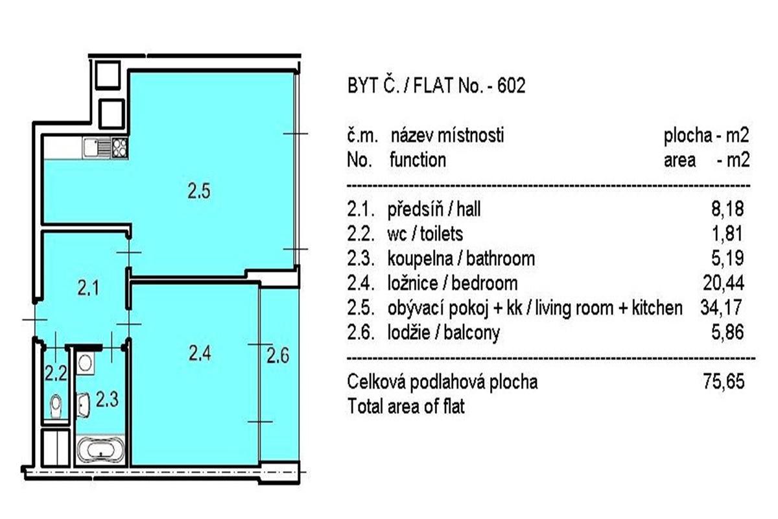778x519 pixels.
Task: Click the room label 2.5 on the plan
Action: (x=199, y=191)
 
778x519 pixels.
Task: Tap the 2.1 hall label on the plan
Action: (x=88, y=288)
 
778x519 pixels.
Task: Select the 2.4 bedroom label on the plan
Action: (x=200, y=354)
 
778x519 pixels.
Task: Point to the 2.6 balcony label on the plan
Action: (x=278, y=356)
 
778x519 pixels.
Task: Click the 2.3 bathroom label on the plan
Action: (x=108, y=399)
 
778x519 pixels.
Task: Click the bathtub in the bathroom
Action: (x=100, y=450)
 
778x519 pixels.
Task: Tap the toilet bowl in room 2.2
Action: (x=56, y=406)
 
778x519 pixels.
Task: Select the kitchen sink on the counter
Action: (x=97, y=147)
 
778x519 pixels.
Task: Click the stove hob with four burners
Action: (x=120, y=147)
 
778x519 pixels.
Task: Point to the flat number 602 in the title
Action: (x=512, y=85)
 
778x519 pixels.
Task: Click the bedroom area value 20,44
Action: (x=724, y=283)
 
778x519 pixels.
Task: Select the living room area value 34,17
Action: (x=721, y=308)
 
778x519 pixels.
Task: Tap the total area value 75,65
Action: (x=724, y=381)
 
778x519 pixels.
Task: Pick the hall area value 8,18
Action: (x=727, y=209)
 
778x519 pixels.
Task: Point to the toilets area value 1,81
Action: (x=727, y=234)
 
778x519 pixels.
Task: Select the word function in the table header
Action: (x=418, y=160)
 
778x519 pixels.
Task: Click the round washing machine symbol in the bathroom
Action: (x=85, y=363)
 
